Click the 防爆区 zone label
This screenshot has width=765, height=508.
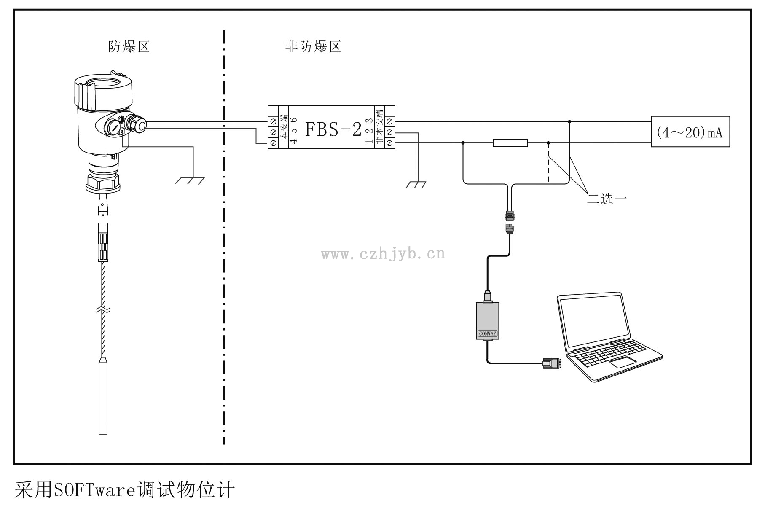coord(129,46)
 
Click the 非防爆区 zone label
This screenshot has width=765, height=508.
coord(313,46)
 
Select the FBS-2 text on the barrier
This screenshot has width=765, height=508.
coord(333,129)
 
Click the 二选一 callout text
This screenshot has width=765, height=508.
coord(607,198)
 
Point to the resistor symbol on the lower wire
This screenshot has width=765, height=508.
coord(510,143)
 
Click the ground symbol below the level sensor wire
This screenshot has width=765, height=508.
coord(191,180)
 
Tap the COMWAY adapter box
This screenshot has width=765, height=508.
coord(487,321)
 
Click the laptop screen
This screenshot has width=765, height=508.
coord(594,320)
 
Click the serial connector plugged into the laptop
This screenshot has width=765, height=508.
coord(552,364)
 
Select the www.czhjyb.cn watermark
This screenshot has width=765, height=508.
coord(383,254)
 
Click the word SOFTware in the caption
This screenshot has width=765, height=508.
coord(93,490)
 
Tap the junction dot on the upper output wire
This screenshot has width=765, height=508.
coord(569,122)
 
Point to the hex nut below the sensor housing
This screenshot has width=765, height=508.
coord(103,182)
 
